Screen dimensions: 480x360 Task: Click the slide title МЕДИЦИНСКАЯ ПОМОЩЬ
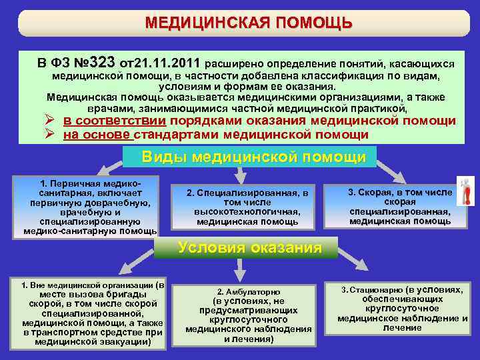249,23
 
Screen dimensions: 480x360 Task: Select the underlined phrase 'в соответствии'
115,121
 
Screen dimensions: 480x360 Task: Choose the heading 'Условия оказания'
249,248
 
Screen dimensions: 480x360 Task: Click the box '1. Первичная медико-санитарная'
90,207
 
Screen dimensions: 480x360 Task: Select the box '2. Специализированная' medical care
247,207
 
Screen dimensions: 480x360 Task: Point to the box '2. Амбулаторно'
248,315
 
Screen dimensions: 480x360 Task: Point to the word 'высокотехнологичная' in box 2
247,212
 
